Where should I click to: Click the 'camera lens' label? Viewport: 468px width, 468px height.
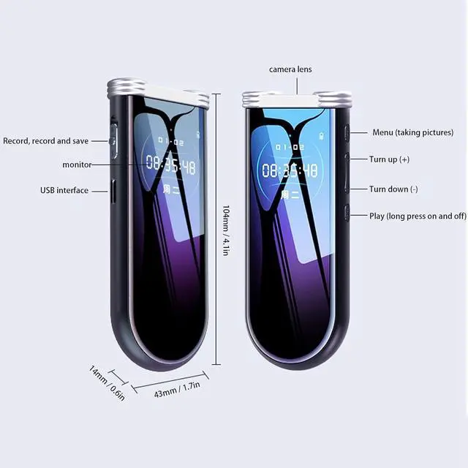click(x=291, y=69)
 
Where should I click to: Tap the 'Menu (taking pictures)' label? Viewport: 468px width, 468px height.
click(x=412, y=132)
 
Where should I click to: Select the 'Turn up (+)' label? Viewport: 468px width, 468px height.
click(x=389, y=159)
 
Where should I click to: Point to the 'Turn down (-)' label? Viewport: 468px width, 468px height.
click(x=393, y=189)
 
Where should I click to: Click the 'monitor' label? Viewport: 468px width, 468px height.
click(x=77, y=165)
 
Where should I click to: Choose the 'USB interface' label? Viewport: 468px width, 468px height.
click(x=64, y=190)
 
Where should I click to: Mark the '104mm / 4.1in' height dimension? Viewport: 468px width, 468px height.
click(x=226, y=229)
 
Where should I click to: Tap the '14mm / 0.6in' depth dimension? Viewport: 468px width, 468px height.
click(x=107, y=381)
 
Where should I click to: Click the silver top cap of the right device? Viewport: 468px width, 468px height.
click(x=297, y=99)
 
